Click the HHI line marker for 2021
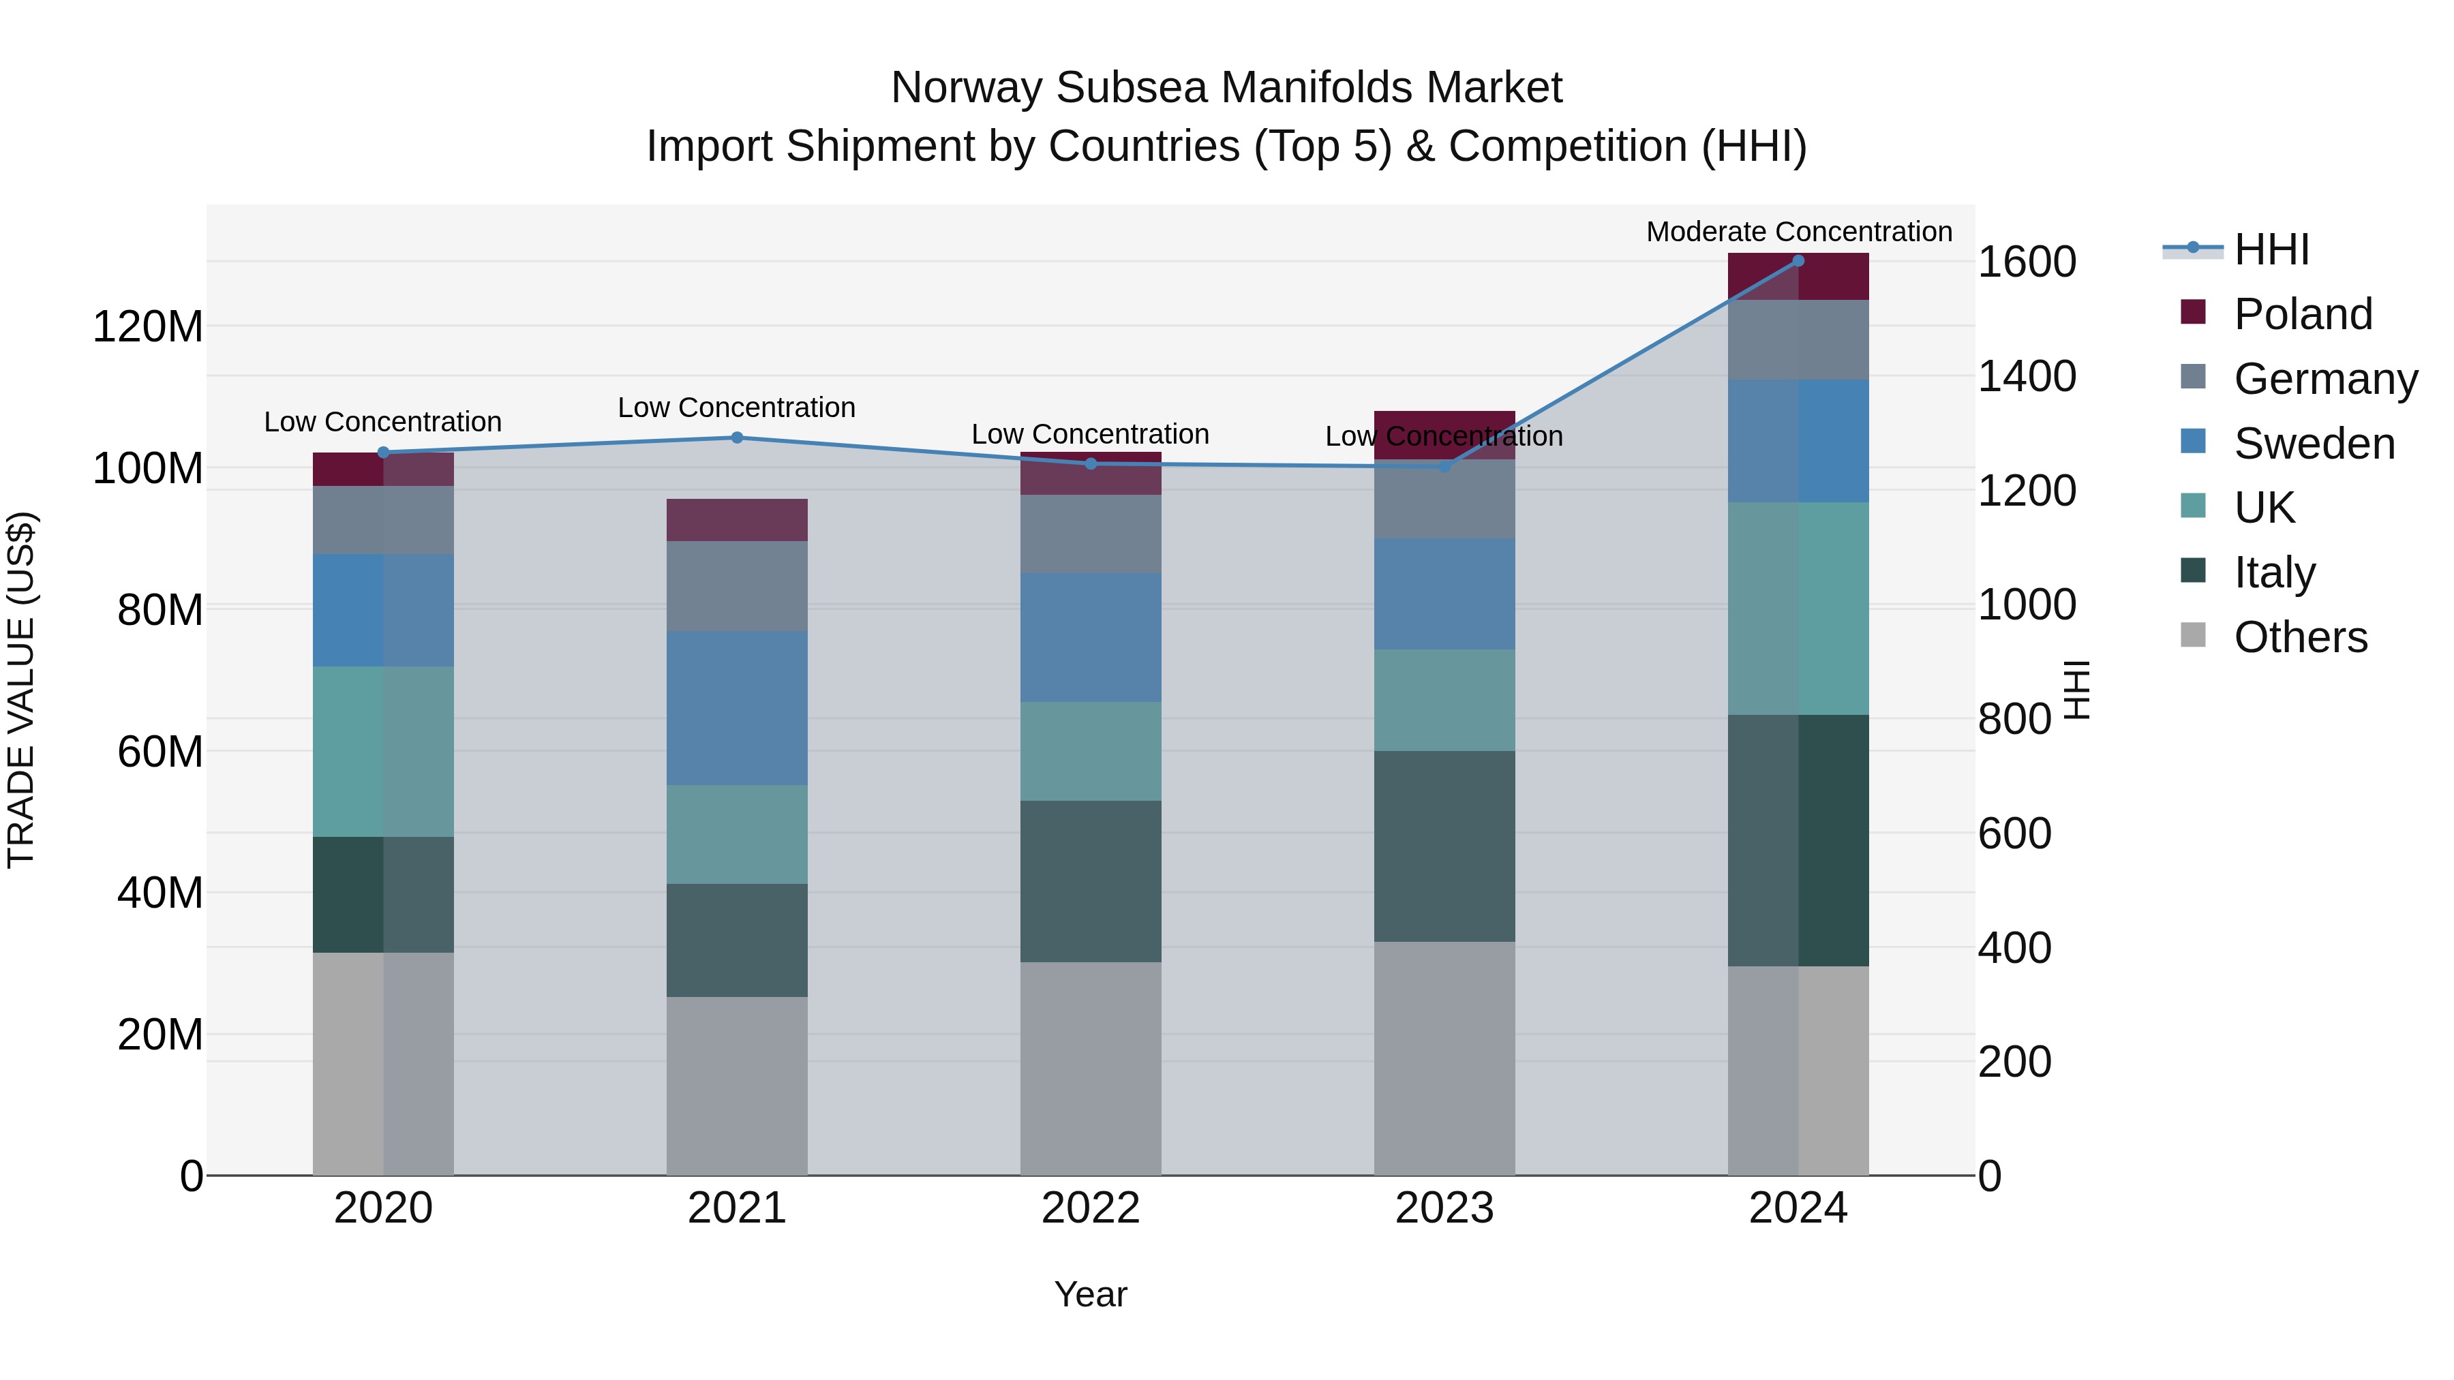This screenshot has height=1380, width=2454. (736, 438)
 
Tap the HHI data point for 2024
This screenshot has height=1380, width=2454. (1798, 261)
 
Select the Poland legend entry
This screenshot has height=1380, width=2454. (2301, 314)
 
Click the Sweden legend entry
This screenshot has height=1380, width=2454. (2313, 444)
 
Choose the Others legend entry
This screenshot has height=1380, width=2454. (2300, 637)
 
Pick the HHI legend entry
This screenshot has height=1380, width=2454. (2271, 249)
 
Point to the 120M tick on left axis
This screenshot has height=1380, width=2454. (148, 326)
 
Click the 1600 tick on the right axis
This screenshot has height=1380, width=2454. (2027, 262)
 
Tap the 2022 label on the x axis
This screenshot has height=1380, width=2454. (1091, 1208)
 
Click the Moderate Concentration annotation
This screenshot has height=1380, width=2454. (1799, 232)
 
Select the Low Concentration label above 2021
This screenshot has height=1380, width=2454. (736, 408)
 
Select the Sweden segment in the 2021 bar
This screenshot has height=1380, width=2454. (736, 707)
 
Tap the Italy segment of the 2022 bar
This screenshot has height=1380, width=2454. (1091, 881)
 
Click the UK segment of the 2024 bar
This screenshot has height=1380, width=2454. (1798, 608)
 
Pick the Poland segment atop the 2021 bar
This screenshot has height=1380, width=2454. (736, 520)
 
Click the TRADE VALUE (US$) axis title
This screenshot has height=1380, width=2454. (21, 690)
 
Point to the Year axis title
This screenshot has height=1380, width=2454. (1091, 1294)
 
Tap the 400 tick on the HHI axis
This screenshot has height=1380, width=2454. (2015, 948)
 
